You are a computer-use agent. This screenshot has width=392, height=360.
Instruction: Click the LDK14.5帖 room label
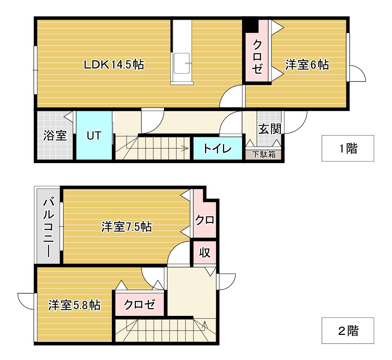point(114,65)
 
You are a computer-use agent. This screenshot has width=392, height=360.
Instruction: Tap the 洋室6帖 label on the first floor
point(307,65)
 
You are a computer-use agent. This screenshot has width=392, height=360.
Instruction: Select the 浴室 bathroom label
point(55,135)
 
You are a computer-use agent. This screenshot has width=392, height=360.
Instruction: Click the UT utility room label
point(94,136)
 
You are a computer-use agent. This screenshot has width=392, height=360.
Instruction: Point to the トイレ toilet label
point(217,149)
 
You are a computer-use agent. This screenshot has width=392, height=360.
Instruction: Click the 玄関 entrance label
point(270,129)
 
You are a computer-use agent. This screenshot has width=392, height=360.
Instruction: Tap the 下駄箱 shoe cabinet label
point(264,154)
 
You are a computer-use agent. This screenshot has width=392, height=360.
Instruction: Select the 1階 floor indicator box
point(348,148)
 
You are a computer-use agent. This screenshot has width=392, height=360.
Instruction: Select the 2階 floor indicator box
point(348,330)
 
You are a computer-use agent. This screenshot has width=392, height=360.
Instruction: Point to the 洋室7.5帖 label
point(127,227)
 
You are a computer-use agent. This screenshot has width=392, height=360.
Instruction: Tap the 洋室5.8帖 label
point(74,305)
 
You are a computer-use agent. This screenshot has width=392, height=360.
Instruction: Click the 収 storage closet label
point(205,252)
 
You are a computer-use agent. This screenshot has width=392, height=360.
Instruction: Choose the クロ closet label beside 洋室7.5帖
point(205,220)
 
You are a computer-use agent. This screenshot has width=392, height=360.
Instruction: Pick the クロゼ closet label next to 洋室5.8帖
point(139,304)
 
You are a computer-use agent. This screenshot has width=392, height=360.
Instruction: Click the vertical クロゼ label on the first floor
point(257,57)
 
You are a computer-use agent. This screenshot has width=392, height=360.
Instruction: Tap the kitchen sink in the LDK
point(182,64)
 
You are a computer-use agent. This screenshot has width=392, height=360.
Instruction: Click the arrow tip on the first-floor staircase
point(188,148)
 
